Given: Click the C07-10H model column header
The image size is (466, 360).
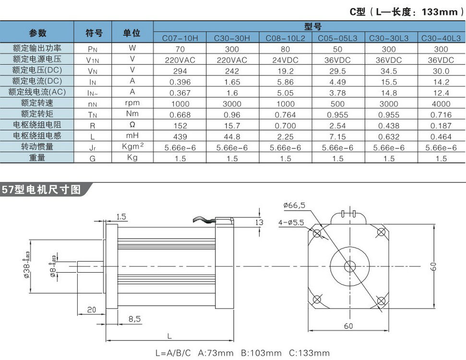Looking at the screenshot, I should click(180, 37).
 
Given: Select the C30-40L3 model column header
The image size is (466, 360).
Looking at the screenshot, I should click(441, 37).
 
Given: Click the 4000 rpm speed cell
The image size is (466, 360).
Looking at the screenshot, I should click(441, 104).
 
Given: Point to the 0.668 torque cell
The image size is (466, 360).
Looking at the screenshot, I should click(180, 115).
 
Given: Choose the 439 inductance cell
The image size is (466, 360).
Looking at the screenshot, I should click(180, 137).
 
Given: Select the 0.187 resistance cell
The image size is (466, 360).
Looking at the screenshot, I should click(441, 126).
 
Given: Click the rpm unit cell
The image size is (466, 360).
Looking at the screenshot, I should click(132, 103).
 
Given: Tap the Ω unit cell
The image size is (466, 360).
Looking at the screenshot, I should click(132, 125).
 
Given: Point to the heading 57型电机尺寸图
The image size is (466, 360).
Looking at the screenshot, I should click(41, 189).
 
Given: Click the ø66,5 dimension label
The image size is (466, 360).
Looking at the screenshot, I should click(294, 205).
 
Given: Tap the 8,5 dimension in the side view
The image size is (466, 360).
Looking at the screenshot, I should click(134, 318).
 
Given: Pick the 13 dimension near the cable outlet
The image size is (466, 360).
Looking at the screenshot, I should click(259, 222).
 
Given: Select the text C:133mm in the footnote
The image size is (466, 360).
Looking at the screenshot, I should click(310, 353).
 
